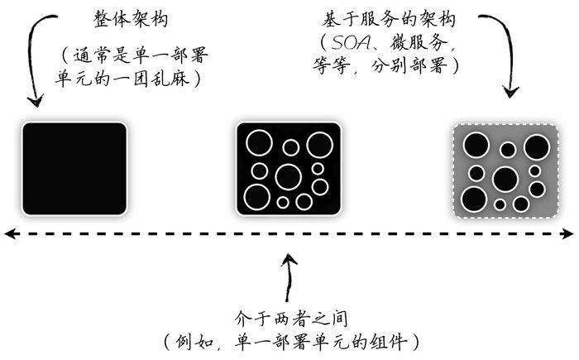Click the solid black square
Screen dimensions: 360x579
pos(74,168)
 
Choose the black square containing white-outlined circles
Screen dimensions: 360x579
pos(289,168)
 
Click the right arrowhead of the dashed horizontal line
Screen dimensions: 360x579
pos(570,235)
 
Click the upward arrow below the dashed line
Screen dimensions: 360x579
pos(288,277)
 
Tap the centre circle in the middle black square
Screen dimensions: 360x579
pos(289,176)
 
